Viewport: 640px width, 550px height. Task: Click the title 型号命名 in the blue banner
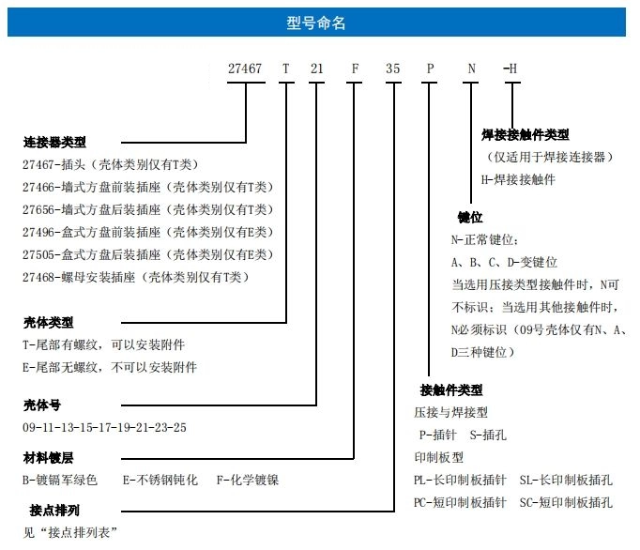coord(316,23)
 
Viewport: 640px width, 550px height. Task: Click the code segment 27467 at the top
coord(245,69)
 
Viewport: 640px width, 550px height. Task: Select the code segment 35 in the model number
coord(392,69)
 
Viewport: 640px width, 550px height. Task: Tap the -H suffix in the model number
coord(510,69)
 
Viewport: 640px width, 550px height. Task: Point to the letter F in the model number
coord(355,69)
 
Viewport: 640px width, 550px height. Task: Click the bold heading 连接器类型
coord(54,142)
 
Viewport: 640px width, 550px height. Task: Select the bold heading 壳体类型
coord(48,323)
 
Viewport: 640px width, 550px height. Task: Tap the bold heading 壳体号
coord(42,405)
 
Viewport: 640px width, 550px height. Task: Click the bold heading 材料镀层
coord(48,458)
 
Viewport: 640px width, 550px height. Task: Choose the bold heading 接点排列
coord(54,510)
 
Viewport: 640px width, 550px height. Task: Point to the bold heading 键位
coord(470,217)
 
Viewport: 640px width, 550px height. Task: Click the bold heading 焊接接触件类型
coord(526,134)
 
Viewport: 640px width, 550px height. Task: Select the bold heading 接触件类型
coord(451,390)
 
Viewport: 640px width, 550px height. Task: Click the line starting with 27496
coord(147,233)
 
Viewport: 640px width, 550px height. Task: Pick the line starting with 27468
coord(135,277)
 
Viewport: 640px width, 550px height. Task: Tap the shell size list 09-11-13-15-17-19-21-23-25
coord(104,427)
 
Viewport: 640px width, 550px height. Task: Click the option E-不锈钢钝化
coord(160,480)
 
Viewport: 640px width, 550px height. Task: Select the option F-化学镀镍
coord(248,480)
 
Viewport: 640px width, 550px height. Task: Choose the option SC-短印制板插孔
coord(566,503)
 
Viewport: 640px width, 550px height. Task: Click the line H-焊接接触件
coord(518,179)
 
